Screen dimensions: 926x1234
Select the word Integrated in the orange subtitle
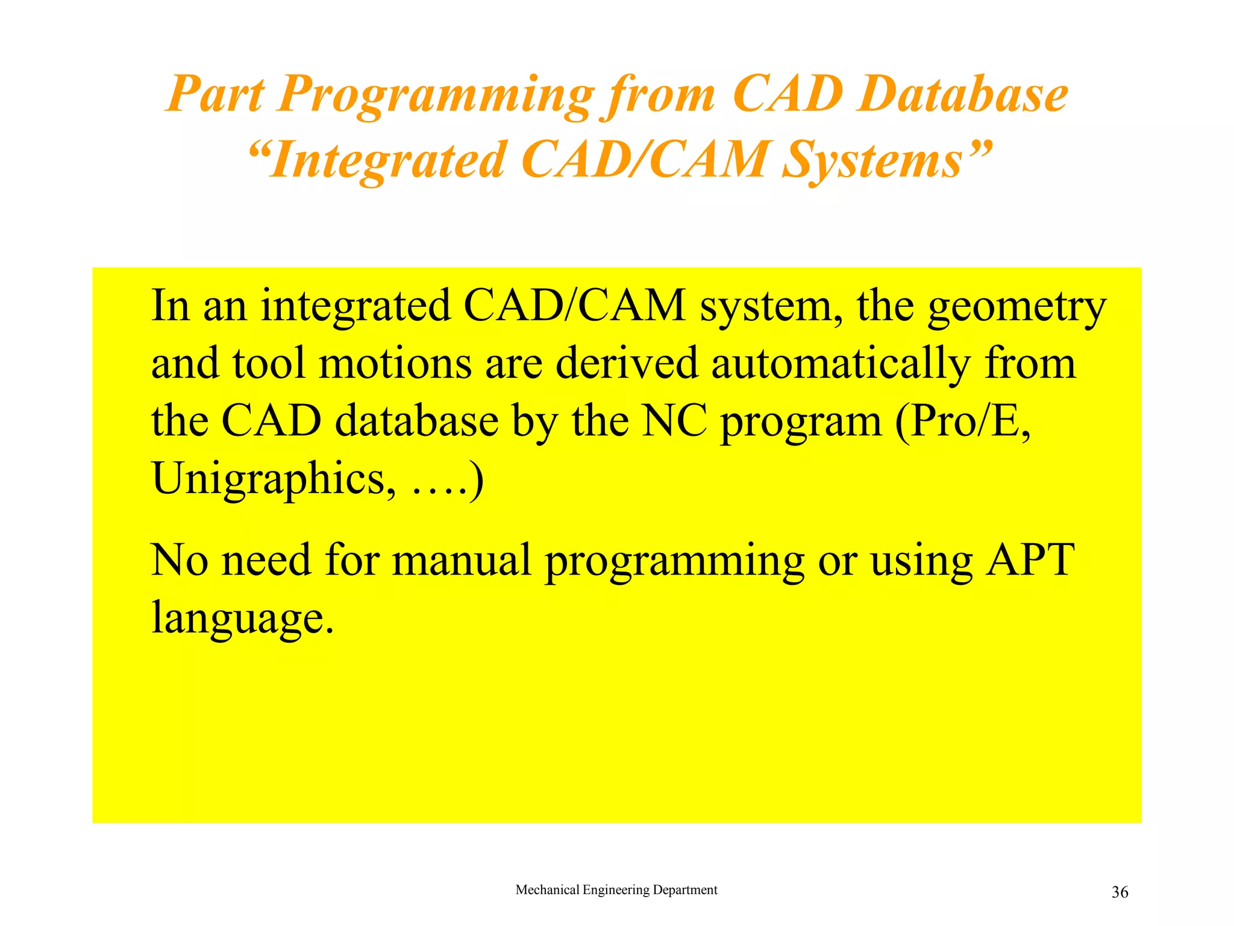386,160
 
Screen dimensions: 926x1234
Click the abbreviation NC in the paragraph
674,421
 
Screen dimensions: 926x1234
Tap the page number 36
1120,892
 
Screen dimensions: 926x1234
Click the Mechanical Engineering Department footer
616,890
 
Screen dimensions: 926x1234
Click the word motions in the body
395,365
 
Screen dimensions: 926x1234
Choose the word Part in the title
215,95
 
